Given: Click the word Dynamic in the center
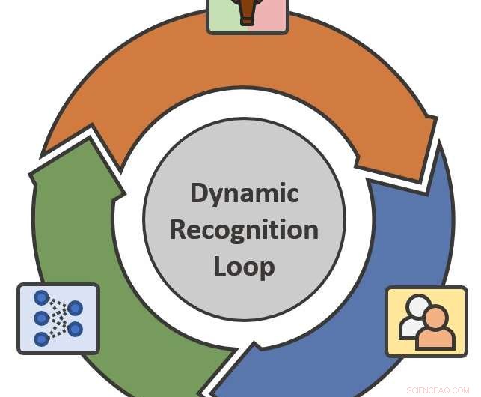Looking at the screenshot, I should click(245, 193).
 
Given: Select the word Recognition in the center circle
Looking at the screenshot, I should click(244, 230).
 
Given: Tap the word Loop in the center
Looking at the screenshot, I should click(244, 266).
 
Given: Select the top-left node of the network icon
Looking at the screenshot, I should click(42, 297).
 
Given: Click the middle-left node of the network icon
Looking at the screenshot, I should click(41, 318).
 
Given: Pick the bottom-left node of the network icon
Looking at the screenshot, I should click(42, 339).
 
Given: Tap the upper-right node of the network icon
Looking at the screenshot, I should click(75, 308).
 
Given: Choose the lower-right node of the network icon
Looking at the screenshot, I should click(75, 329).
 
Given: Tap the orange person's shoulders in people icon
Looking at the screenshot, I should click(436, 339).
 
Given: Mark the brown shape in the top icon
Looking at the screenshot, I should click(246, 12).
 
